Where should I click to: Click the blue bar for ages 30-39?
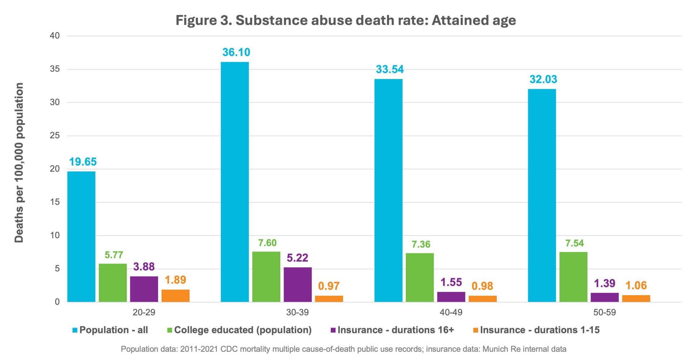pos(234,182)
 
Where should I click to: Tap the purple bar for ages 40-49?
pos(451,297)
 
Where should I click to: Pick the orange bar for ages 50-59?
pos(636,298)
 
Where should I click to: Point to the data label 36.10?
pos(236,52)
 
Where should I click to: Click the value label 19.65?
pos(83,162)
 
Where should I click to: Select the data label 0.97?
pos(329,286)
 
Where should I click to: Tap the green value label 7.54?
pos(574,243)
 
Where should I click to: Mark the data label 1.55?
pos(451,282)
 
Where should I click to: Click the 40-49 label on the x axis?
pos(451,312)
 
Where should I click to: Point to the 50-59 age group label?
pos(604,312)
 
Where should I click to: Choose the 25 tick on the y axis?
pos(54,136)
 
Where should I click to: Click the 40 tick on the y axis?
pos(54,36)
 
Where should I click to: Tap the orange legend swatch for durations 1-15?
pos(475,330)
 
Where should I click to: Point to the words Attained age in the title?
pos(473,21)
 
